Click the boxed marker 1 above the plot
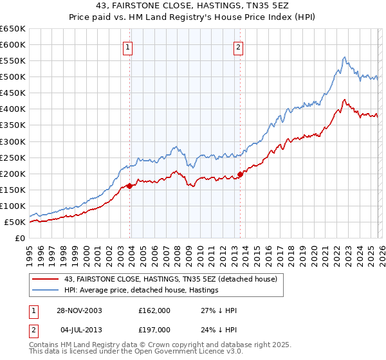[129, 47]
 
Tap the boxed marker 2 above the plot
[239, 47]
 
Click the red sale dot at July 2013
[240, 174]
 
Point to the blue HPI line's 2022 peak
[345, 57]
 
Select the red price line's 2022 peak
[345, 100]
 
